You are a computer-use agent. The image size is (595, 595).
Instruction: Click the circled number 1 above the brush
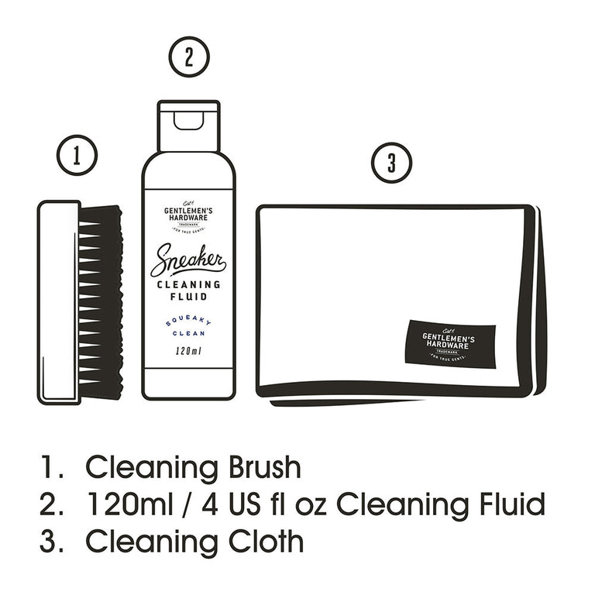click(x=77, y=155)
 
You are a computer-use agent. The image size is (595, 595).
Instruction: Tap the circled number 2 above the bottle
click(x=188, y=59)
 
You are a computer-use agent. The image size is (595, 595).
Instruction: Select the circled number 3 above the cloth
click(x=391, y=163)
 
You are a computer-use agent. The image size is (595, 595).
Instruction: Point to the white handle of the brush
click(x=59, y=302)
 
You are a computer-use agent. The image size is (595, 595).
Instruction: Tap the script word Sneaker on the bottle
click(x=187, y=259)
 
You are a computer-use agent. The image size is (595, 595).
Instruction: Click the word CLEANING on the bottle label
click(x=188, y=284)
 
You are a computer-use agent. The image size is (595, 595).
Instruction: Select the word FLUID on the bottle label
click(x=188, y=297)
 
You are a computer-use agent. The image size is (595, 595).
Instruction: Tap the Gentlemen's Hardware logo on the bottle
click(x=188, y=215)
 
